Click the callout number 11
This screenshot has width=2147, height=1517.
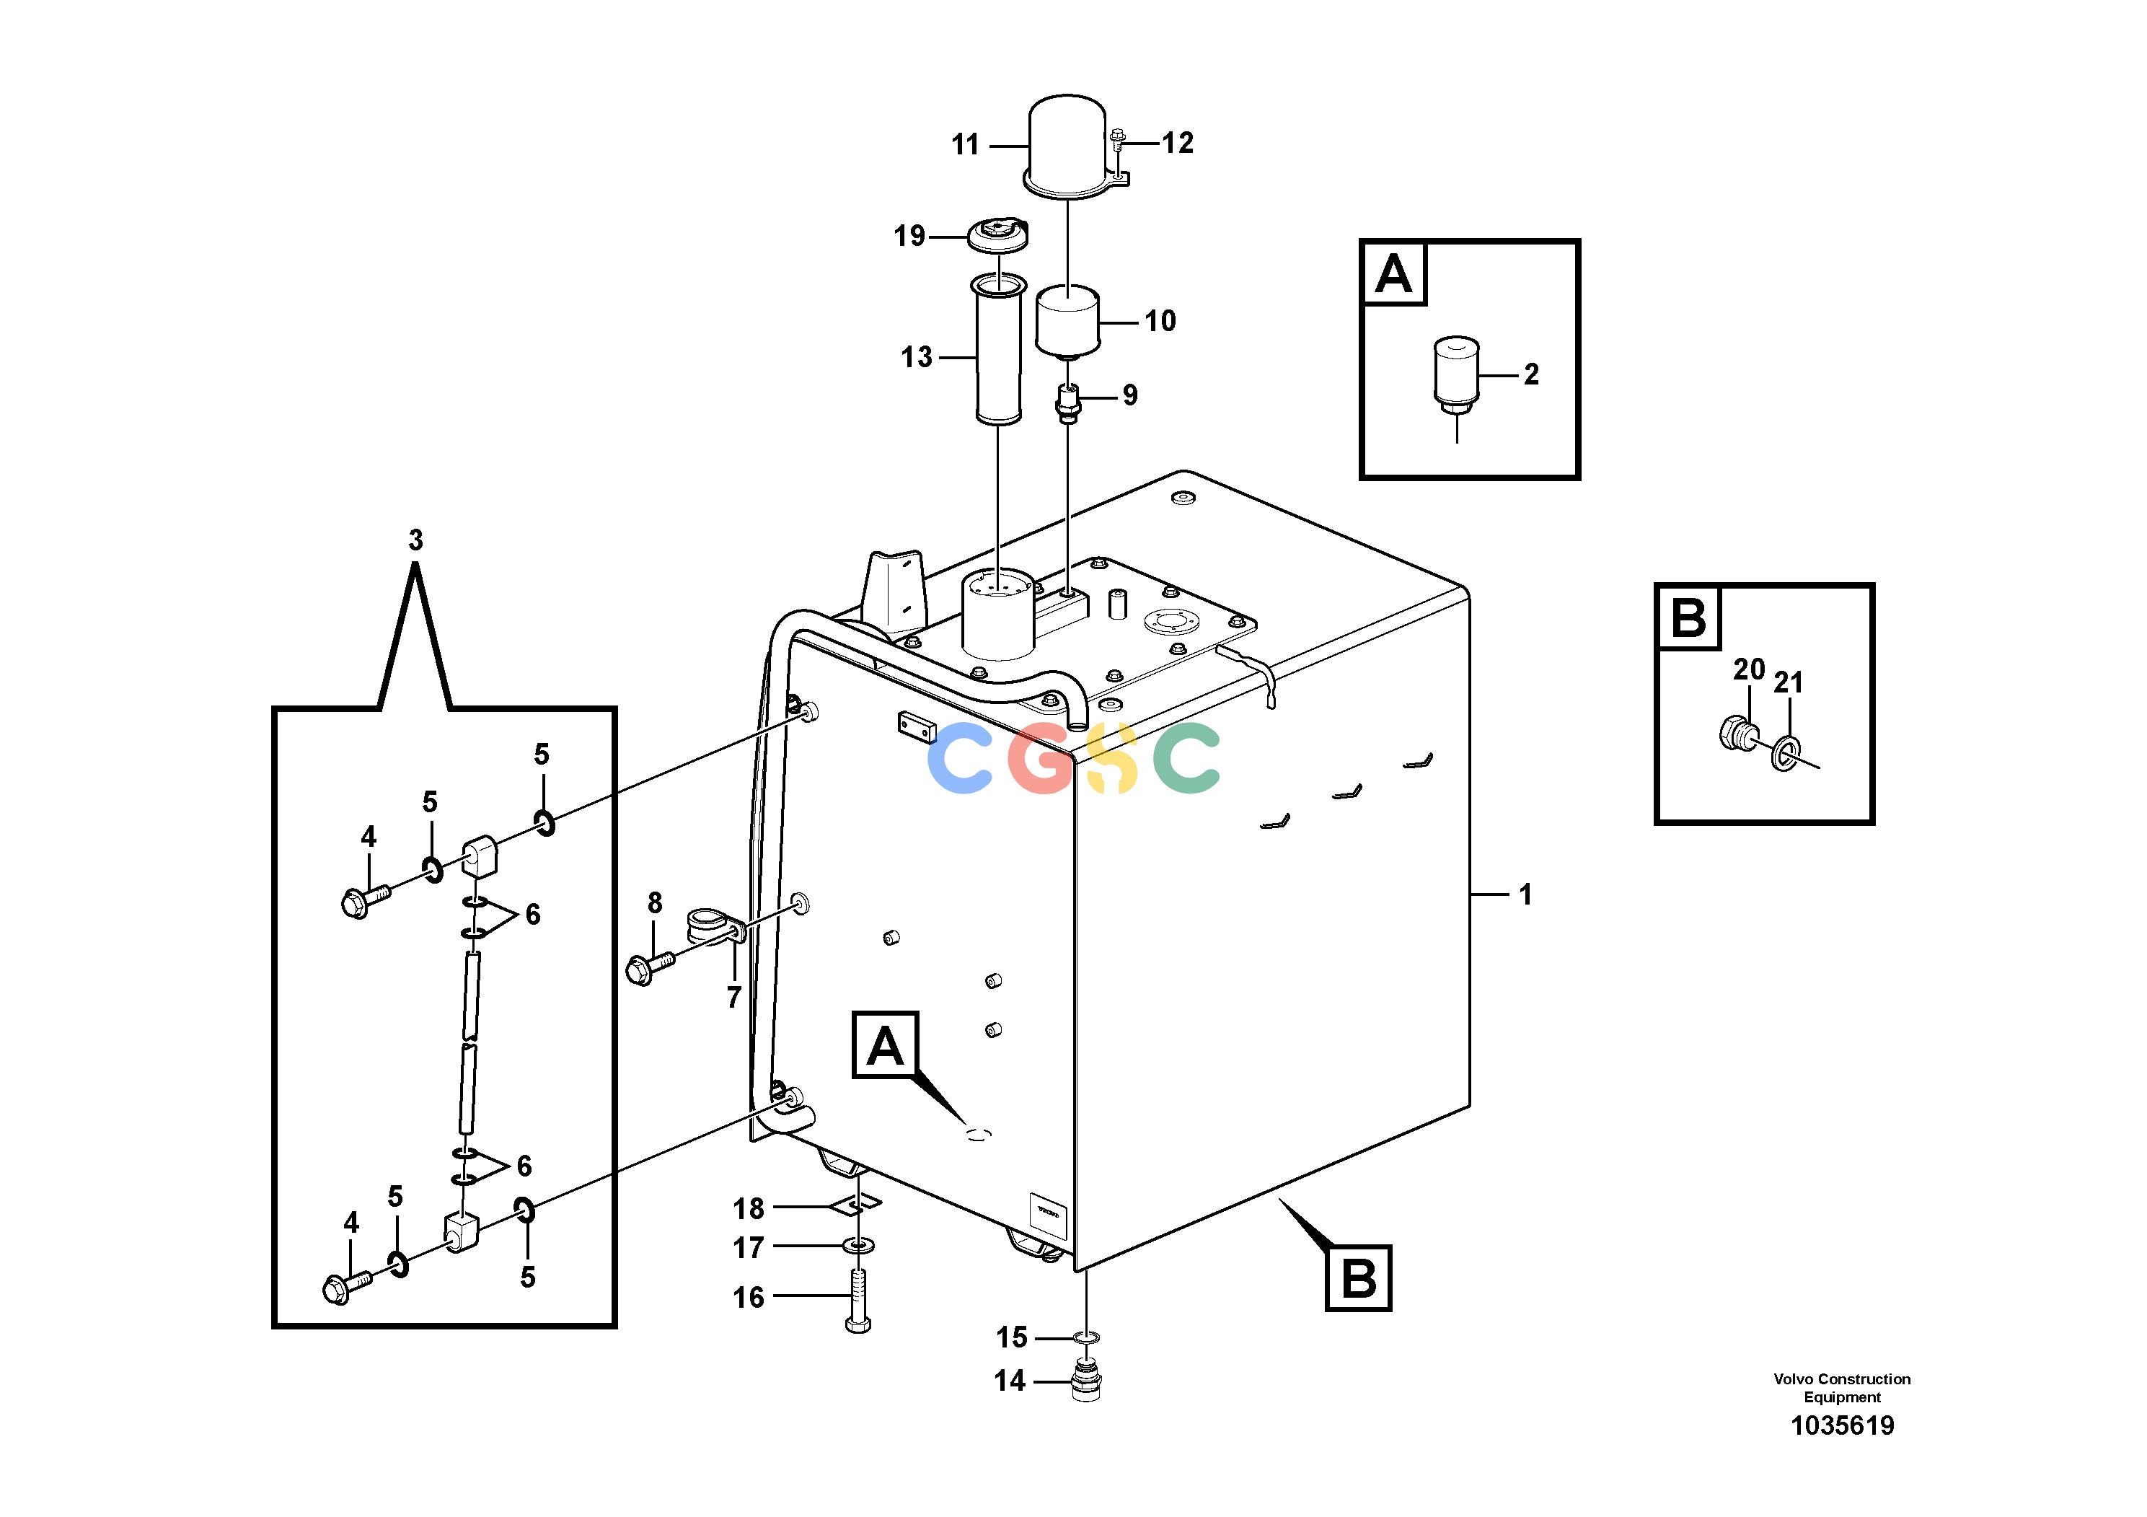click(x=965, y=145)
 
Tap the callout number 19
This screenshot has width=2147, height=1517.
click(x=909, y=236)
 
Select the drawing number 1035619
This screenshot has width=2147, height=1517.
click(x=1842, y=1425)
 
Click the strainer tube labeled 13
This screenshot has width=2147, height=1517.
click(x=997, y=350)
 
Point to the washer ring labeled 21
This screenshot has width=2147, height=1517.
click(x=1784, y=752)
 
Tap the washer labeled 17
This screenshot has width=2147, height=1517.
click(x=858, y=1245)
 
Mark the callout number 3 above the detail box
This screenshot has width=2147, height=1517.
click(x=415, y=540)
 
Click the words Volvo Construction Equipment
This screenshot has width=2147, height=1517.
click(x=1842, y=1388)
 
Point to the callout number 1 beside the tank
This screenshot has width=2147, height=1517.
click(x=1525, y=895)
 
